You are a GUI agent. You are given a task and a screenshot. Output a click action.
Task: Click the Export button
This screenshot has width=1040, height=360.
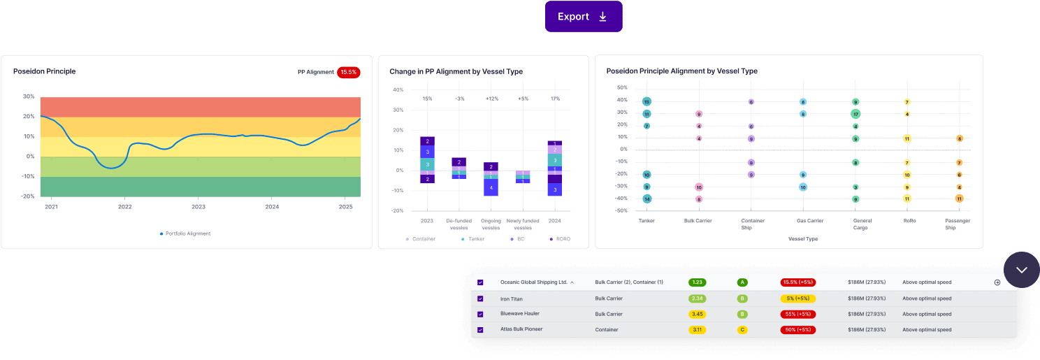tap(583, 17)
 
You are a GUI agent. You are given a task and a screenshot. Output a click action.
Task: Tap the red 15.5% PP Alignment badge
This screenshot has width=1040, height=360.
tap(348, 72)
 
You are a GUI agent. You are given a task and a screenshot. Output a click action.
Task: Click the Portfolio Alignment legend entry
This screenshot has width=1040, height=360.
tap(185, 233)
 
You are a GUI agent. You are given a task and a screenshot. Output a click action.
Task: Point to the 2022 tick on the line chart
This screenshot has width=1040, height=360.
tap(124, 207)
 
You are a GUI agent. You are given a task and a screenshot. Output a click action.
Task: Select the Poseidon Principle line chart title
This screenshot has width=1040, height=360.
tap(44, 71)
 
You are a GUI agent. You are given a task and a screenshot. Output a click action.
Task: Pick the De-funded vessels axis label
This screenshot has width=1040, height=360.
tap(458, 224)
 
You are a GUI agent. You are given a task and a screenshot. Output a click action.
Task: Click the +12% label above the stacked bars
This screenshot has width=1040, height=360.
tap(491, 99)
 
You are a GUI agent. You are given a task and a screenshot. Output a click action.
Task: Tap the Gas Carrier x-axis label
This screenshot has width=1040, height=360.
tap(810, 221)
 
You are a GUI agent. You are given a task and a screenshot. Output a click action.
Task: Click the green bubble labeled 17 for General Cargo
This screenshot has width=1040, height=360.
tap(855, 114)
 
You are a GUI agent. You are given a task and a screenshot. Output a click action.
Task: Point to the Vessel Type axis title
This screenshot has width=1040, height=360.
tap(803, 238)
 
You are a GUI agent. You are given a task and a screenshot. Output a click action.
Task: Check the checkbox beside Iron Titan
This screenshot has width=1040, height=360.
tap(480, 299)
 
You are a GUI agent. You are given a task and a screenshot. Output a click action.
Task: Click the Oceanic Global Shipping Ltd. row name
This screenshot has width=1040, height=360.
tap(534, 282)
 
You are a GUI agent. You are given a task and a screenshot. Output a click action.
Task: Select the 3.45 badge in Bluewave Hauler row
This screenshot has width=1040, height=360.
tap(696, 314)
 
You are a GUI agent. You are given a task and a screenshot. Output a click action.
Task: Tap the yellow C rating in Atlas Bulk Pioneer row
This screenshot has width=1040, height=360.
tap(742, 329)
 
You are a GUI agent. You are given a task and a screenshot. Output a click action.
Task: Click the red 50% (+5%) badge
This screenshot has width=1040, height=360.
tap(798, 329)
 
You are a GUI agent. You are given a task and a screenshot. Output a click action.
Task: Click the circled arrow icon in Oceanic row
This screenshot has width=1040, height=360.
tap(997, 282)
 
